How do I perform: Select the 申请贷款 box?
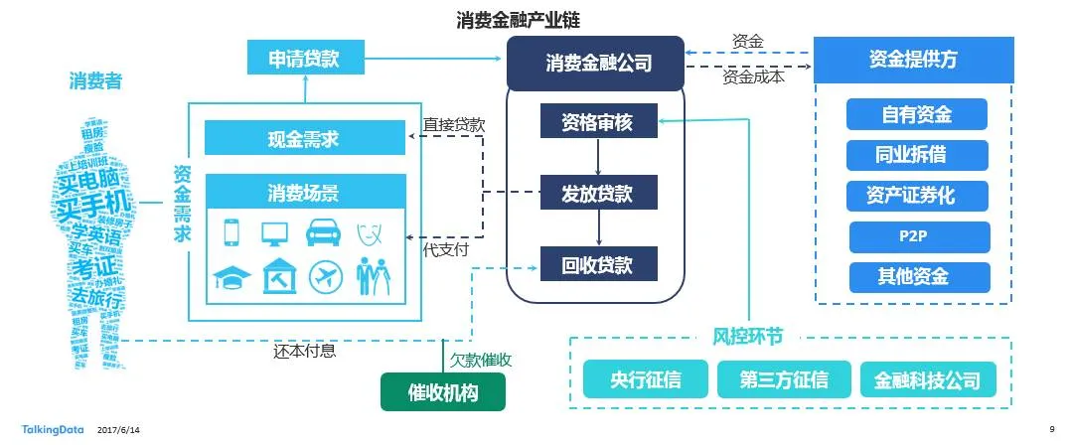click(x=304, y=59)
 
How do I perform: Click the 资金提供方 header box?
click(x=913, y=60)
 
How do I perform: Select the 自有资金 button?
click(x=917, y=114)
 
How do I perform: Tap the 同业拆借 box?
click(x=917, y=155)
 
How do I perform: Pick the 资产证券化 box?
click(x=917, y=196)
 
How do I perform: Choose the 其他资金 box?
click(x=917, y=276)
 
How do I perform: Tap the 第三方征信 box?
click(x=783, y=379)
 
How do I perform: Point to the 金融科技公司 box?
click(x=928, y=379)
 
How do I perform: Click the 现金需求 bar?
click(x=304, y=138)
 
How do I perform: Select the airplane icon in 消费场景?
click(x=324, y=275)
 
